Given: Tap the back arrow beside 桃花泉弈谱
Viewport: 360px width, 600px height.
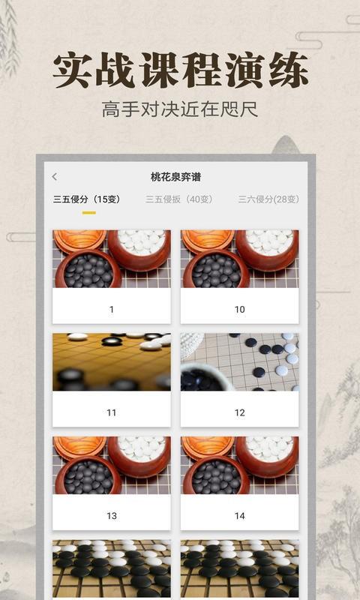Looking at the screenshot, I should (x=54, y=177).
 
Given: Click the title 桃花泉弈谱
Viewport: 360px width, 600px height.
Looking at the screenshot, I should (x=175, y=177).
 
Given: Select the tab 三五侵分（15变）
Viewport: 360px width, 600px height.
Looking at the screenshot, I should (x=86, y=199).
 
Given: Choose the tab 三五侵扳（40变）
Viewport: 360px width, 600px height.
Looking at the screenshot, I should (x=178, y=199).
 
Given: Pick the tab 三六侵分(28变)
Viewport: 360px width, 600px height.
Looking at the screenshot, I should (x=268, y=199).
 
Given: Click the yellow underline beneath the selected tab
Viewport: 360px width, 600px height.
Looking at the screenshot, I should (x=88, y=213).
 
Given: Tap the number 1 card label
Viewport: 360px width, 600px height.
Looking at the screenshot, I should (x=112, y=309).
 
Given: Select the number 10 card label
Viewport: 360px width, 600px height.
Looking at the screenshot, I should (x=239, y=309).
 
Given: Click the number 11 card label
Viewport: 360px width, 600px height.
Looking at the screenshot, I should (x=112, y=412).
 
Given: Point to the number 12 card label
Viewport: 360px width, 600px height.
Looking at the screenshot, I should (x=239, y=412).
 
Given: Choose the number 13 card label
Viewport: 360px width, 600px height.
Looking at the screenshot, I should (x=112, y=516).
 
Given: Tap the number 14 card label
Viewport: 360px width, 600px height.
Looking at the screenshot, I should (x=239, y=516).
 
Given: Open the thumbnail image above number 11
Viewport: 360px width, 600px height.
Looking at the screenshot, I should (x=112, y=362).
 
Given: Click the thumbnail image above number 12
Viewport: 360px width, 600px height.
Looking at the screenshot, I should (x=239, y=362).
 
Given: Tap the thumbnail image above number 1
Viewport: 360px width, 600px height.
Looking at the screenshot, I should (x=112, y=259).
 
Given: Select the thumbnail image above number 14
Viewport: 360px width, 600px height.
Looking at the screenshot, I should (x=239, y=466).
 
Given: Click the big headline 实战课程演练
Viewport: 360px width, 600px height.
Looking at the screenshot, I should (x=180, y=71).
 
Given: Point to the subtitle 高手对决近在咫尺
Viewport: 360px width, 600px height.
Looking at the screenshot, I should (x=180, y=110).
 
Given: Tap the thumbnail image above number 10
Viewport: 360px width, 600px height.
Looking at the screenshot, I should (x=239, y=259).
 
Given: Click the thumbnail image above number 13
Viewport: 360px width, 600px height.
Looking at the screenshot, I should (x=112, y=466).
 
